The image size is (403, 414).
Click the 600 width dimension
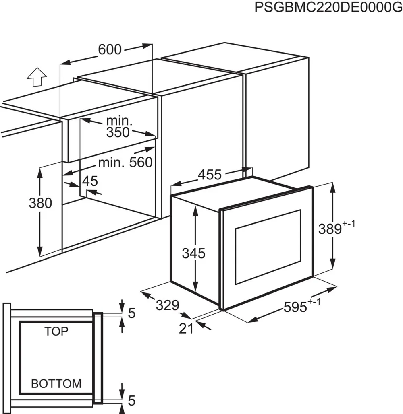click(110, 49)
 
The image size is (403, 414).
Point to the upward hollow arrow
click(37, 77)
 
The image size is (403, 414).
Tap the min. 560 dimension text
click(125, 162)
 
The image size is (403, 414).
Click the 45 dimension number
click(90, 181)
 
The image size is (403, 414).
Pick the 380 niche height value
click(40, 203)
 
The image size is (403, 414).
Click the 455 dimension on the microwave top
click(210, 175)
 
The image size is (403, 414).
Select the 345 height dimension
click(193, 253)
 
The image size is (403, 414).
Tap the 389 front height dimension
click(330, 229)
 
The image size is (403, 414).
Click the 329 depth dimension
click(167, 305)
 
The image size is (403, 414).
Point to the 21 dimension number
click(186, 328)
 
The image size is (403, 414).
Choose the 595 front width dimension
click(295, 307)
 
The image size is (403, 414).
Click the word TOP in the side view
click(56, 332)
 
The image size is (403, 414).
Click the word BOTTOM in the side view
click(56, 384)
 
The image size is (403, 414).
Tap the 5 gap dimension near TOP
click(132, 313)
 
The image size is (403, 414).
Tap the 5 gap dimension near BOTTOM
click(132, 401)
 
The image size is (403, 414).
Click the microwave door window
click(268, 247)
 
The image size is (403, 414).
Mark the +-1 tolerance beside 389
click(349, 224)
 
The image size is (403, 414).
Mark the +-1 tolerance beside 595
click(314, 302)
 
